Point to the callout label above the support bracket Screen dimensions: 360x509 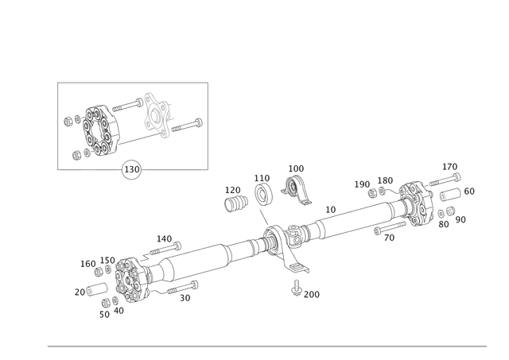[x=296, y=168]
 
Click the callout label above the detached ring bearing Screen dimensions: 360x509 [x=262, y=176]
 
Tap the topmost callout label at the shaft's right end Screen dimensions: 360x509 [x=451, y=166]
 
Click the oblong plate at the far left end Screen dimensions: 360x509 [x=90, y=289]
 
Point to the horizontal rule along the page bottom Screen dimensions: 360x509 [x=266, y=346]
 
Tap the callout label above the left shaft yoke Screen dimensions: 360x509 [x=163, y=237]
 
